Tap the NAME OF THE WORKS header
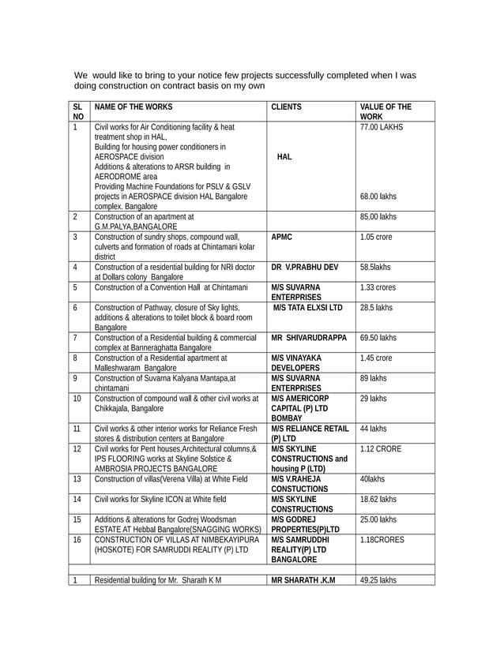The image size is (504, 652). [133, 107]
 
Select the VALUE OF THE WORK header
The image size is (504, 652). [386, 111]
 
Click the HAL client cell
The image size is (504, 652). [284, 156]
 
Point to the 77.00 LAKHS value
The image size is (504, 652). [382, 126]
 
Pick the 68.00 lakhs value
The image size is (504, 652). [378, 197]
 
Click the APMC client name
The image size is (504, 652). [283, 236]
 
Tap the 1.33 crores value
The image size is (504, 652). [379, 288]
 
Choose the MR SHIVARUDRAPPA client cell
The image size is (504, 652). [309, 338]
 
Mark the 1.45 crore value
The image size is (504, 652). [376, 358]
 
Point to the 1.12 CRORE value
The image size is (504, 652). [380, 449]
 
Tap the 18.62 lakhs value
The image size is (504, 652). [378, 499]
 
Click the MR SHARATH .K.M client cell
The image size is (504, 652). [303, 580]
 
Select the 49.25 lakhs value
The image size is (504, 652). [378, 580]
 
